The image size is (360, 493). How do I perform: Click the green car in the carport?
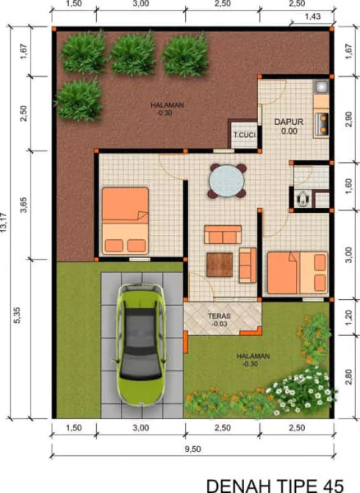pyautogui.click(x=144, y=343)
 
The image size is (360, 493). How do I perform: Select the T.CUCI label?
pyautogui.click(x=243, y=135)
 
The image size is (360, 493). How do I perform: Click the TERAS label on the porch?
pyautogui.click(x=219, y=316)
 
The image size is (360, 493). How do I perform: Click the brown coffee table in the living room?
pyautogui.click(x=221, y=263)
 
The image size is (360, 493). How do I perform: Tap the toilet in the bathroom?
pyautogui.click(x=300, y=197)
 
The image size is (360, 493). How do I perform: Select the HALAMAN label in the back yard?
pyautogui.click(x=167, y=105)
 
